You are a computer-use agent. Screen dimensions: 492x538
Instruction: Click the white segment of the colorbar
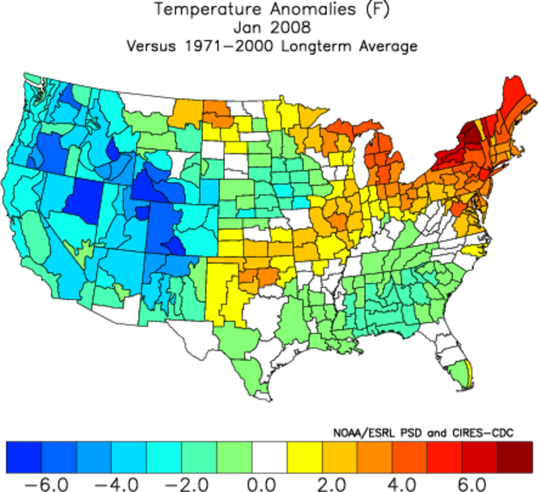[x=269, y=456]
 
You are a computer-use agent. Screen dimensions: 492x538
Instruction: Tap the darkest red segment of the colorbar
[x=515, y=456]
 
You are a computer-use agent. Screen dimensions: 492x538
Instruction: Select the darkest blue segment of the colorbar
[x=23, y=456]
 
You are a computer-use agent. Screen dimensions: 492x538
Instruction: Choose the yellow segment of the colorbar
[x=304, y=456]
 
